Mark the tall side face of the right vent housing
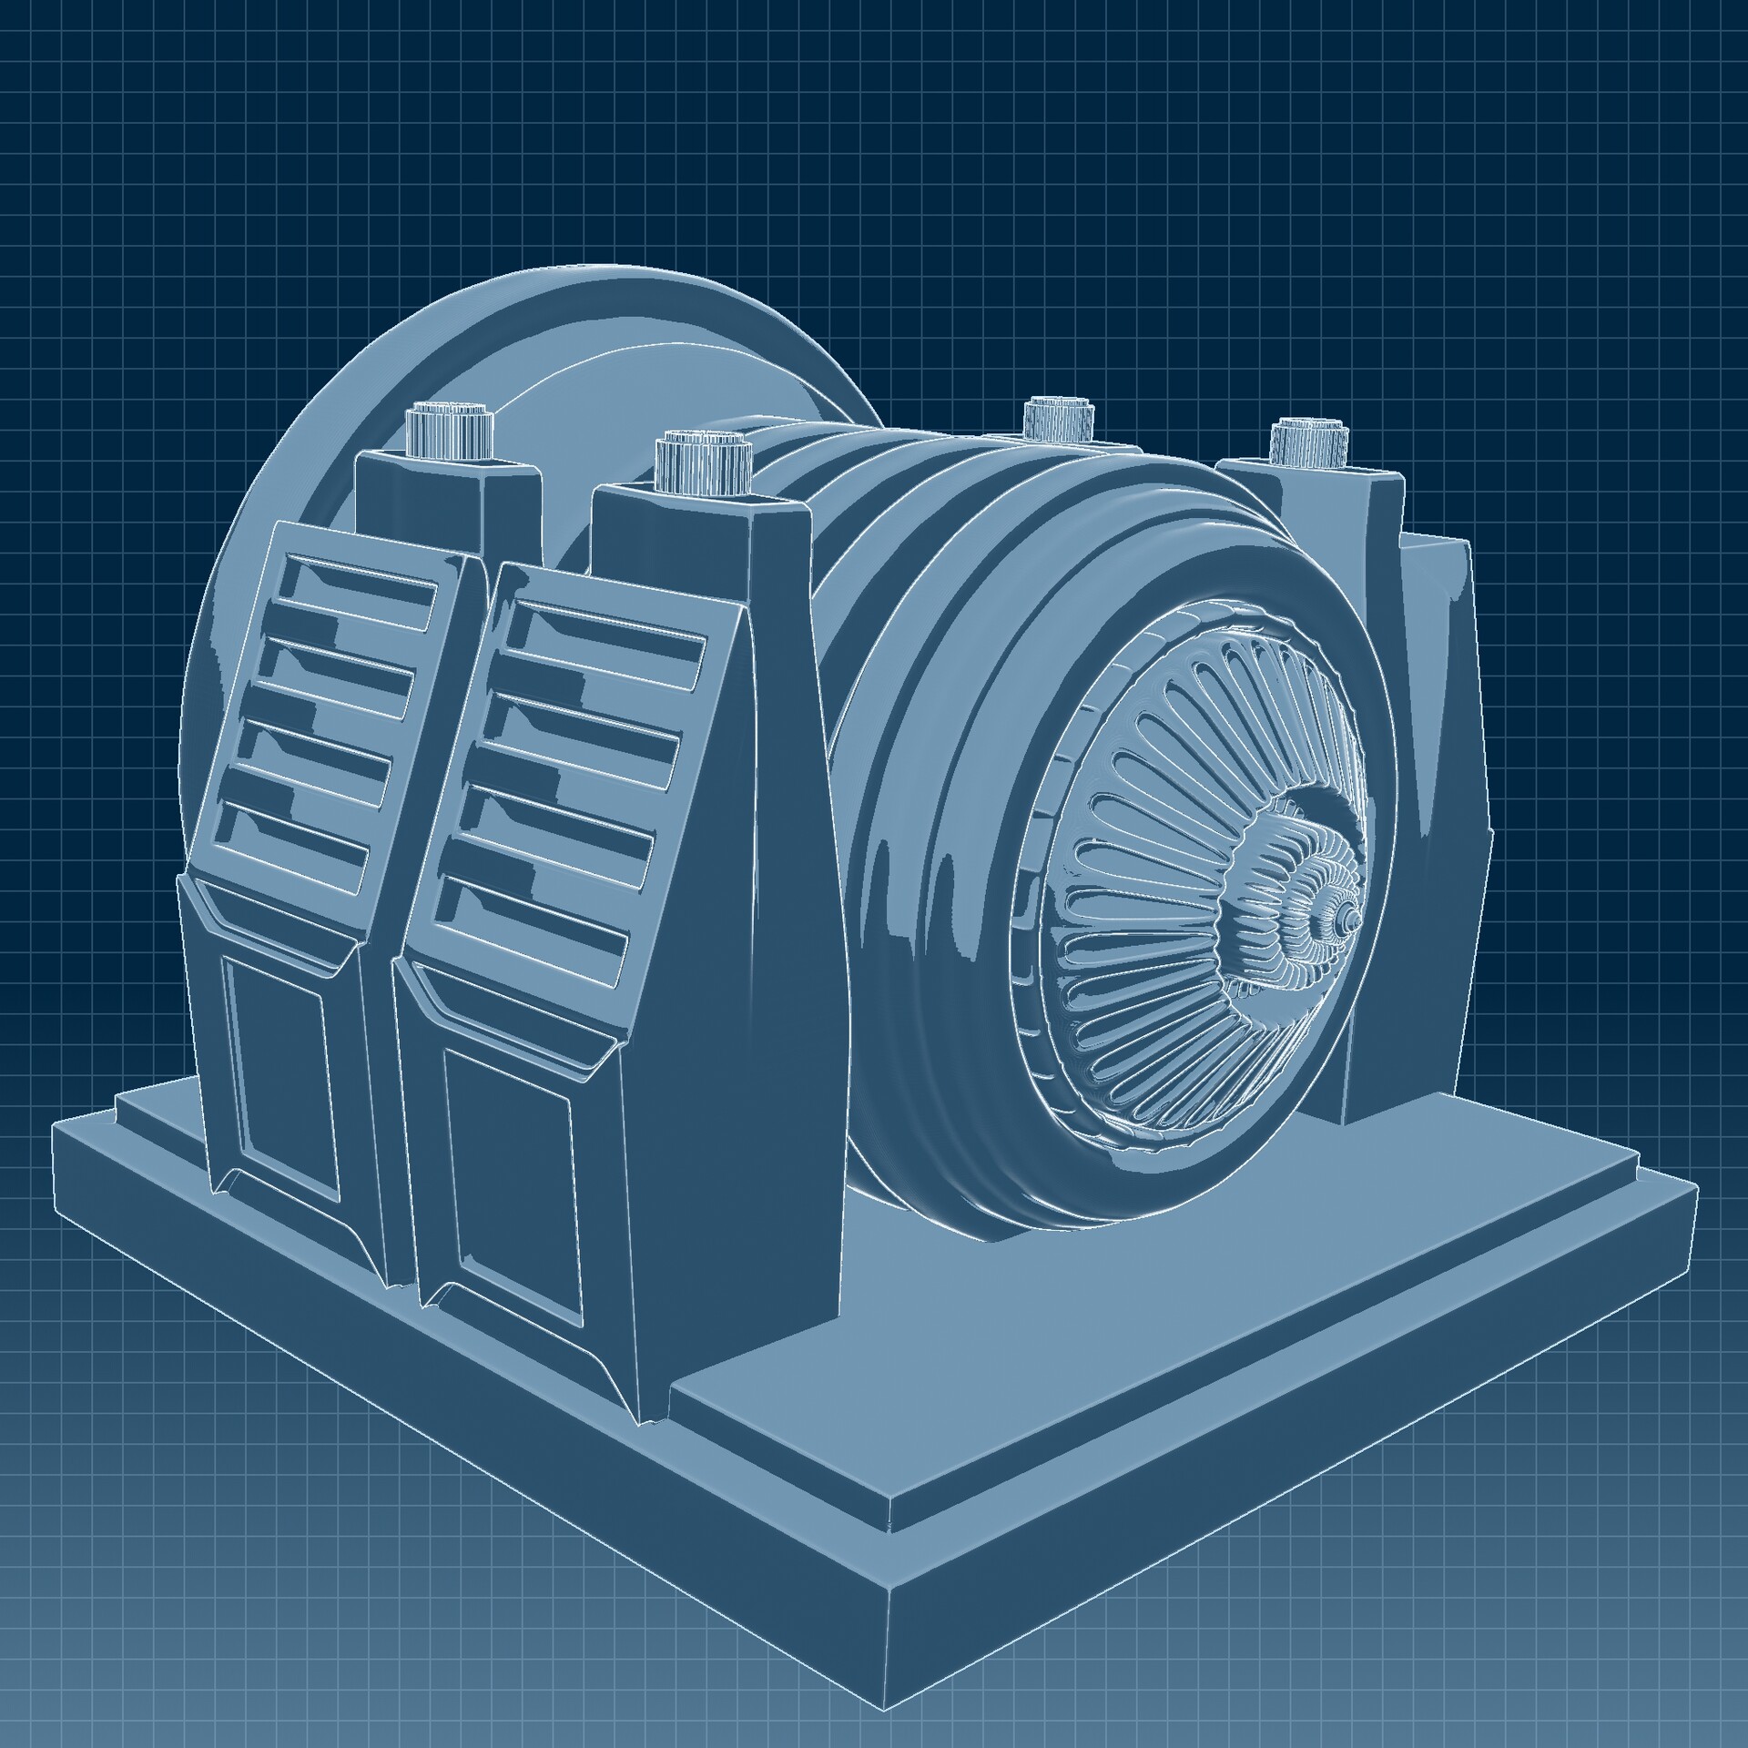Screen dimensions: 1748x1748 [x=747, y=1001]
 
